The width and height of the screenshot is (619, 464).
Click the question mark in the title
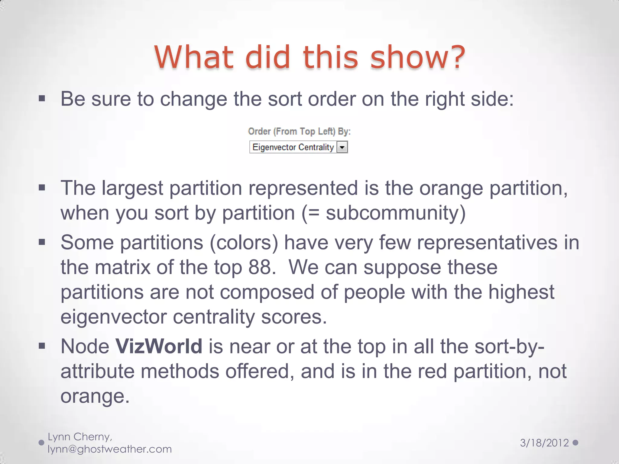pos(455,57)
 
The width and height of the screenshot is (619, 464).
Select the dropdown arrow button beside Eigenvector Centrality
pos(342,147)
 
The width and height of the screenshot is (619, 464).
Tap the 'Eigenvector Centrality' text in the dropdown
pos(293,147)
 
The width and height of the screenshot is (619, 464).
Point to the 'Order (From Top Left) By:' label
pos(299,131)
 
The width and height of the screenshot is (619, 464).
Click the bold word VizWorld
pos(159,346)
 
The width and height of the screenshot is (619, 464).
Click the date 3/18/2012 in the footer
pos(544,443)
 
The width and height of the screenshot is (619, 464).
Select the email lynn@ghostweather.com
pos(110,449)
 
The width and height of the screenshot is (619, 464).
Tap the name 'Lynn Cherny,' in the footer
pos(80,437)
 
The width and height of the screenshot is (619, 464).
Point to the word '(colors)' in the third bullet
pos(244,243)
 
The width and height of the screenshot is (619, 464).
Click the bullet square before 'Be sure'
pos(42,98)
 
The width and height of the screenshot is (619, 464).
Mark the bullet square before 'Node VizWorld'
pos(42,346)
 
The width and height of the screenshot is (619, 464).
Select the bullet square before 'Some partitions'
pos(42,242)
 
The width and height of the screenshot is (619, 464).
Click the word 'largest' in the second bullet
pos(132,188)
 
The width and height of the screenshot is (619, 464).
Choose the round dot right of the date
pos(575,443)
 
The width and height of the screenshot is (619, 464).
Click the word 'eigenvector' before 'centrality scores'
pos(113,317)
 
